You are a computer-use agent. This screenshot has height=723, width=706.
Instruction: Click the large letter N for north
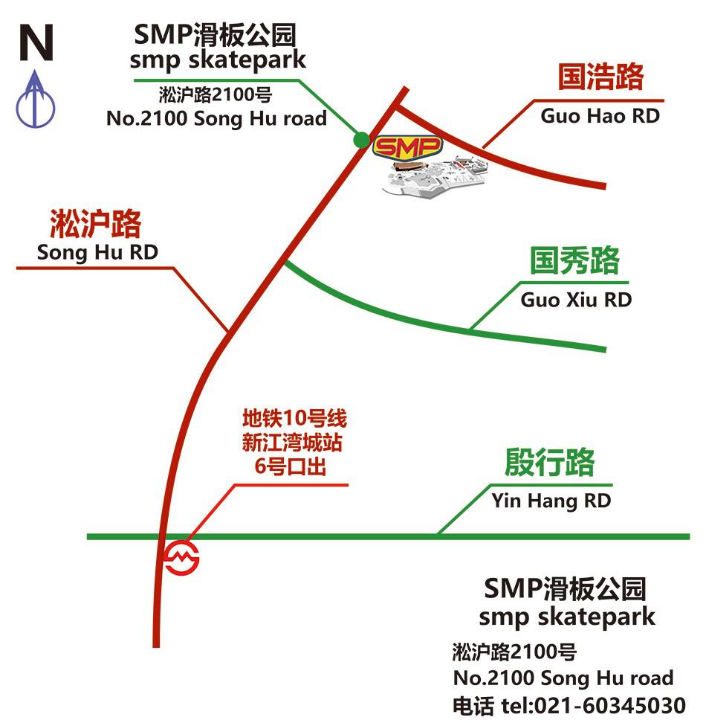(x=36, y=42)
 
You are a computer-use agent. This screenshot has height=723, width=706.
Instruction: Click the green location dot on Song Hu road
(x=361, y=139)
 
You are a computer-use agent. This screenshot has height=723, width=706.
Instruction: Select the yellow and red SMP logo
(x=407, y=147)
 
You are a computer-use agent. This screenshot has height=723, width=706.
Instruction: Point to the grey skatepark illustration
(x=435, y=178)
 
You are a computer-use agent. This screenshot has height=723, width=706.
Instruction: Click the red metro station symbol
(x=181, y=558)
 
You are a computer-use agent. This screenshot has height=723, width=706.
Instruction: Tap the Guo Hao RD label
(x=600, y=116)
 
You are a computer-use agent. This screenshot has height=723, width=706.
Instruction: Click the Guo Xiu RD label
(x=576, y=300)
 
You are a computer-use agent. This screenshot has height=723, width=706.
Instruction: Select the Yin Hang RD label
(x=551, y=501)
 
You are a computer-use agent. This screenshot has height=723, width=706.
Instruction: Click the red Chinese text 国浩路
(x=600, y=77)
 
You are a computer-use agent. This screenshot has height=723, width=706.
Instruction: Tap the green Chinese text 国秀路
(x=574, y=260)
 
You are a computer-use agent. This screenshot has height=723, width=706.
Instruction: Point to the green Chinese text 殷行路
(x=549, y=462)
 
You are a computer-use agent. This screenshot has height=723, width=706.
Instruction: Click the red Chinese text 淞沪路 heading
(x=95, y=224)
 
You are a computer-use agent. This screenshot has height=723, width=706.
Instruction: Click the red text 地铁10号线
(x=295, y=418)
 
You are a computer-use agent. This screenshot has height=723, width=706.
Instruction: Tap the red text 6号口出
(x=291, y=466)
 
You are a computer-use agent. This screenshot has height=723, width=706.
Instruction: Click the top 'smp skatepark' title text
(x=218, y=60)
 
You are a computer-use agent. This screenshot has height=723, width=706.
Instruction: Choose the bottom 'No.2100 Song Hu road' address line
(x=563, y=678)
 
